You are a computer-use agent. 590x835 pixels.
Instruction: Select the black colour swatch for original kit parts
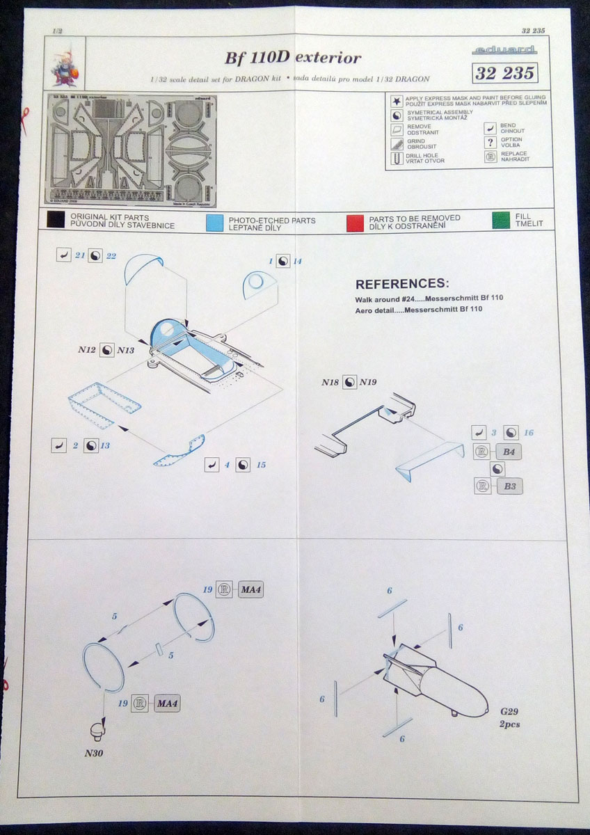(x=56, y=221)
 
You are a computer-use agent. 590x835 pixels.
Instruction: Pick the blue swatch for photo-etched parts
(x=214, y=221)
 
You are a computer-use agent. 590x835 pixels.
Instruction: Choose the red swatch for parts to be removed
(x=355, y=221)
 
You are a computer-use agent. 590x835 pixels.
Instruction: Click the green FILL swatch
(x=500, y=221)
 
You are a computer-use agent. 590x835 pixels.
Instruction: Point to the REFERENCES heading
(x=402, y=285)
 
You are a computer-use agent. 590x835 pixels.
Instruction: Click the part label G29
(x=510, y=713)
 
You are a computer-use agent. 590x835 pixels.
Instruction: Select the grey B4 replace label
(x=508, y=452)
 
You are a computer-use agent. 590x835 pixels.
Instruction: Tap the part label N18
(x=330, y=382)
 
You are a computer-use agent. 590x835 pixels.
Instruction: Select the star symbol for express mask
(x=396, y=100)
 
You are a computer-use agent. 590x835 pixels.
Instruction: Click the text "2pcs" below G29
(x=509, y=724)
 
